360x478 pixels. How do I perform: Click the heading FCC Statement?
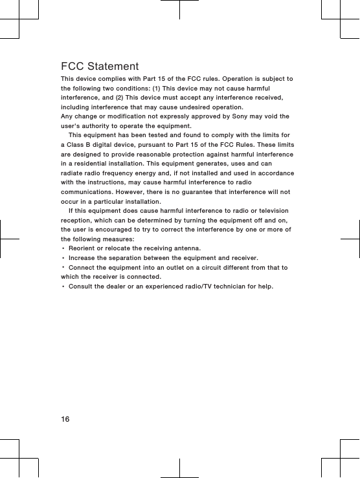[x=100, y=67]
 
